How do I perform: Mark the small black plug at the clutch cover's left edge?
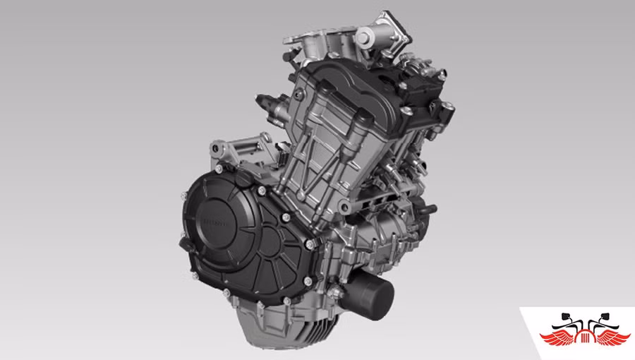186,244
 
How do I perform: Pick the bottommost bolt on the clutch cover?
260,305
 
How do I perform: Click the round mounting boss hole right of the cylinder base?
345,205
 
